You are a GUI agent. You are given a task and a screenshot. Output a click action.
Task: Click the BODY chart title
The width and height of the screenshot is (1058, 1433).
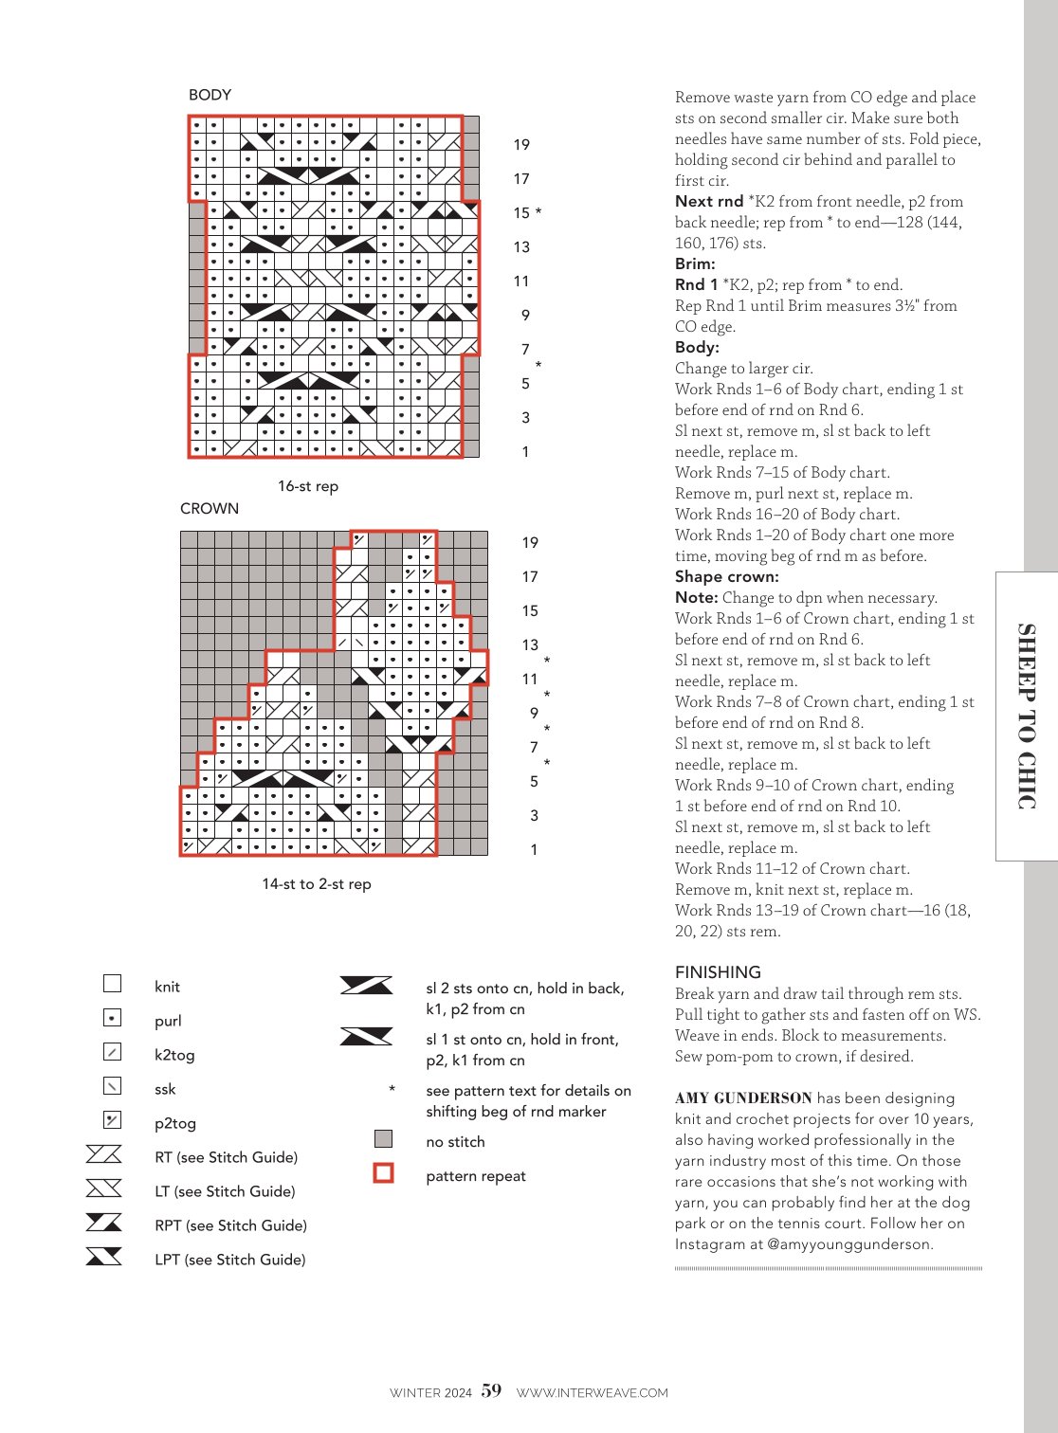[x=210, y=95]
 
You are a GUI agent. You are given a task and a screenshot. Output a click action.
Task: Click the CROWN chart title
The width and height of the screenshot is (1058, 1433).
[x=209, y=508]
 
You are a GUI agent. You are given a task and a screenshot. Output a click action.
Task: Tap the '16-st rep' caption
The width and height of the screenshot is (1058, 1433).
[x=308, y=486]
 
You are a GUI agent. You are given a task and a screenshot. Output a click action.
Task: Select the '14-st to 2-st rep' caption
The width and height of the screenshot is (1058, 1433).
[x=316, y=884]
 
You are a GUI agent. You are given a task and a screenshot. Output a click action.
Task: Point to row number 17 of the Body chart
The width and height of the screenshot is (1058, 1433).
[x=521, y=179]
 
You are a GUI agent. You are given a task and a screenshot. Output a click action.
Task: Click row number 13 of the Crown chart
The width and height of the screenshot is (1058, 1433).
[x=530, y=644]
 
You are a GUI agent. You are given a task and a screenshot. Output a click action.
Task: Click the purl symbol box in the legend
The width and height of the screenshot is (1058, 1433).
[x=113, y=1018]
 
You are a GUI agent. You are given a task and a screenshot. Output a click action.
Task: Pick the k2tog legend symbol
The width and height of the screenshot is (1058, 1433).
[x=113, y=1052]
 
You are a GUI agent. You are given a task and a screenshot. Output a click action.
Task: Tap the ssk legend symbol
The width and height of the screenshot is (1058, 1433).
[x=113, y=1086]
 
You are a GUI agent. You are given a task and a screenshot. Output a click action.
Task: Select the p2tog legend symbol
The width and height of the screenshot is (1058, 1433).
[x=113, y=1120]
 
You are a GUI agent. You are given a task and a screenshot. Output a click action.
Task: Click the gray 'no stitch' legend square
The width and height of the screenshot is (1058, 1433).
[x=383, y=1138]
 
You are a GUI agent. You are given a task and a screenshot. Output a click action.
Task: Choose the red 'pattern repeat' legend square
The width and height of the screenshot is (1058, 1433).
[x=383, y=1172]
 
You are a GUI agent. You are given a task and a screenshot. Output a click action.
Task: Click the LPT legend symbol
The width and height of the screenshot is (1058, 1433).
[x=103, y=1257]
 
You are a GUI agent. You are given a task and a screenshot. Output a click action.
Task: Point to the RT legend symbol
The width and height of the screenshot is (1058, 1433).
[x=103, y=1154]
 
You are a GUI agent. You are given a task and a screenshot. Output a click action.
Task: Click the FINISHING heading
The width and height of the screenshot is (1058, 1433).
[x=718, y=972]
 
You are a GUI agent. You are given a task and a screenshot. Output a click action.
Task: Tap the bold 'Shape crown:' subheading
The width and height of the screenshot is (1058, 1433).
[x=726, y=576]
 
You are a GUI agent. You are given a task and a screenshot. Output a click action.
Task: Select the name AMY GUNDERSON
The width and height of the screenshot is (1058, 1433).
[x=743, y=1097]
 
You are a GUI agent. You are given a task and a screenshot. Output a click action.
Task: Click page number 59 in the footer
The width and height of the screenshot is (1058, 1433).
[x=491, y=1390]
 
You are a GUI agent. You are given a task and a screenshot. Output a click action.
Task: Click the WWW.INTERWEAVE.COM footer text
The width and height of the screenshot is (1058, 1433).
[x=592, y=1393]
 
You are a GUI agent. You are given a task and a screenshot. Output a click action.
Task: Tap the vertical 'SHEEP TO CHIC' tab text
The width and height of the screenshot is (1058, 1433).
[x=1027, y=716]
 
